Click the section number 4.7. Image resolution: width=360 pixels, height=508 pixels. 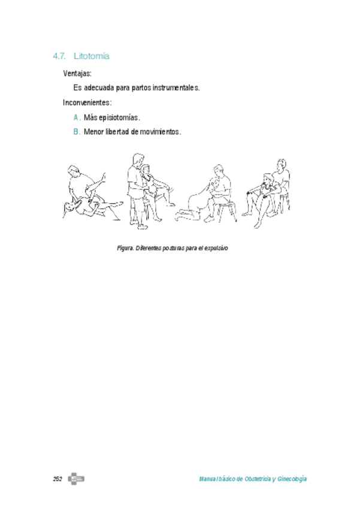pos(59,56)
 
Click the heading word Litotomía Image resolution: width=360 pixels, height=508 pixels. pos(91,56)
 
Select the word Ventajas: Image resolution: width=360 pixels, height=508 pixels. pos(77,73)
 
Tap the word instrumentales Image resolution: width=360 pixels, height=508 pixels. pos(174,87)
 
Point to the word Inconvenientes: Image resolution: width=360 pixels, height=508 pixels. pos(87,102)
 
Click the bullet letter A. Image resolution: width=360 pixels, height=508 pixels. pos(77,117)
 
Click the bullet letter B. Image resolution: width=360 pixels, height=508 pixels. pos(77,131)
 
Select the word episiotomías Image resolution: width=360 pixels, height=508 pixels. pos(120,117)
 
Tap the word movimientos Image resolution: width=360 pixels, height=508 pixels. pos(160,131)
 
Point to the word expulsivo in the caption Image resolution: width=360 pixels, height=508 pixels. pos(217,247)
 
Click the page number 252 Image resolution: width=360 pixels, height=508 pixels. pos(58,479)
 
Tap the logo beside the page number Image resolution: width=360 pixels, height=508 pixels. pos(76,479)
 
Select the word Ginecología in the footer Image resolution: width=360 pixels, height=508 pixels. pos(293,480)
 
